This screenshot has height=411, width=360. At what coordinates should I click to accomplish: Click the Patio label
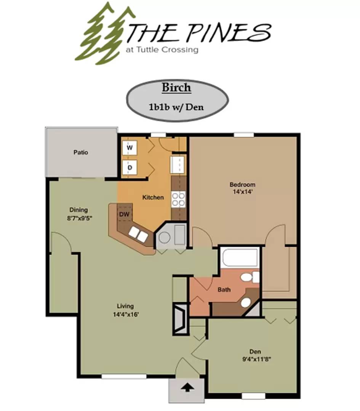tap(81, 152)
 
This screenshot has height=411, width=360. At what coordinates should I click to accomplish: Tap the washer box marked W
tap(130, 148)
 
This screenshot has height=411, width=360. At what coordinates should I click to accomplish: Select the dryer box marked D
tap(130, 167)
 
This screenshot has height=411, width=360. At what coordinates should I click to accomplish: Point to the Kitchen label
tap(153, 197)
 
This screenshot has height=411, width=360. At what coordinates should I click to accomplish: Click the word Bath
tap(224, 290)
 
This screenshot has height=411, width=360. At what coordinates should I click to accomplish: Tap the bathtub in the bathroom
tap(240, 257)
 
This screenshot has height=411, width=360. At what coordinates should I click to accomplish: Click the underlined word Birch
tap(176, 88)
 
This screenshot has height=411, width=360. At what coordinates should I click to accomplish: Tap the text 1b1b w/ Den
tap(176, 107)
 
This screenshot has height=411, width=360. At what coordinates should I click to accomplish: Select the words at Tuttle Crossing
tap(162, 49)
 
